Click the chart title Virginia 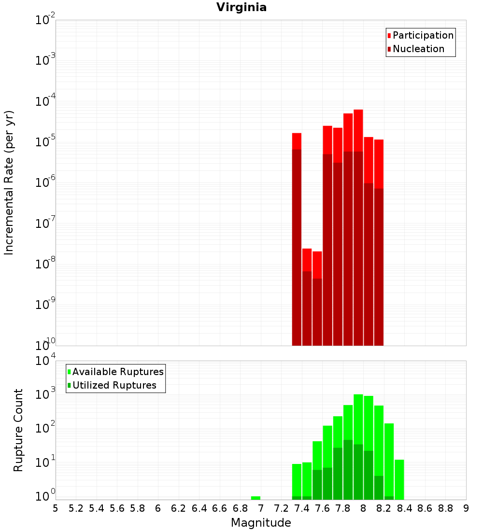(x=241, y=7)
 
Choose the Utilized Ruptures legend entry (x=114, y=385)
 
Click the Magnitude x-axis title (x=261, y=523)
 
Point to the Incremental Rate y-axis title (x=9, y=182)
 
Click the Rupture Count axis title (x=18, y=430)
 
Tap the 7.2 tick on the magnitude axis (x=281, y=508)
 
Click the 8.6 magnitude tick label (x=425, y=508)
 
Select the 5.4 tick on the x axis (x=97, y=508)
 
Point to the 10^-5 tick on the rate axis (x=45, y=142)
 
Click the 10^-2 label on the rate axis (x=45, y=20)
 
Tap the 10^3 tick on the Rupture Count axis (x=45, y=394)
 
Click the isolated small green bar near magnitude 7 (x=256, y=498)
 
